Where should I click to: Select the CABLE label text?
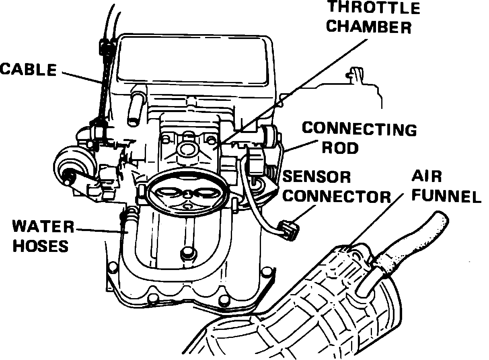click(x=28, y=70)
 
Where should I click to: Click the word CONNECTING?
click(x=359, y=129)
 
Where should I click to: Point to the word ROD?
click(x=341, y=148)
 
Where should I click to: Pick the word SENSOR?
click(x=317, y=177)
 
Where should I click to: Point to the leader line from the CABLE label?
click(x=82, y=77)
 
